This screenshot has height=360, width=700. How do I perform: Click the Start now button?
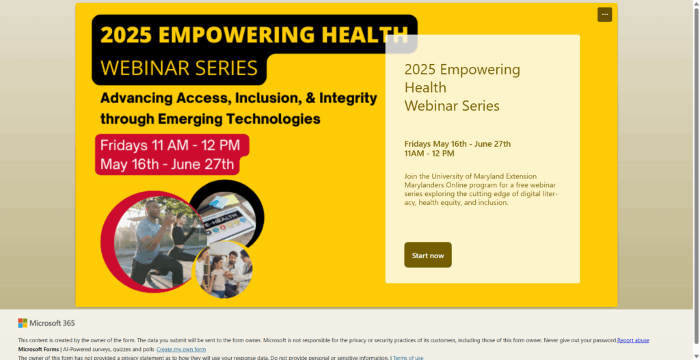coord(428,255)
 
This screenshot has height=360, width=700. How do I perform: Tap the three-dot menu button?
coord(604,14)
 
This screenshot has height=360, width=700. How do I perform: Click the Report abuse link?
coord(633,340)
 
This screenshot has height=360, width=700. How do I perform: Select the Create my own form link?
coord(181,349)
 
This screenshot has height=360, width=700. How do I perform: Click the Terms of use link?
coord(408,357)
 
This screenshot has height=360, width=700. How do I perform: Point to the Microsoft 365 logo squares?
coord(23,323)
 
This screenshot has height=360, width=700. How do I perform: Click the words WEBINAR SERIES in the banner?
coord(179,68)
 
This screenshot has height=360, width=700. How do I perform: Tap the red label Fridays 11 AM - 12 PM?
coord(170,145)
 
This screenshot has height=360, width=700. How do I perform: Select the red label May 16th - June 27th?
coord(167,164)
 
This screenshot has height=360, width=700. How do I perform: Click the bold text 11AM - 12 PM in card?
coord(429,154)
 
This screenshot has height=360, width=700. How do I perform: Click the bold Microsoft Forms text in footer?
coord(39,349)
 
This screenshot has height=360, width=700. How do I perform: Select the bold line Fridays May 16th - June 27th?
coord(457,143)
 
